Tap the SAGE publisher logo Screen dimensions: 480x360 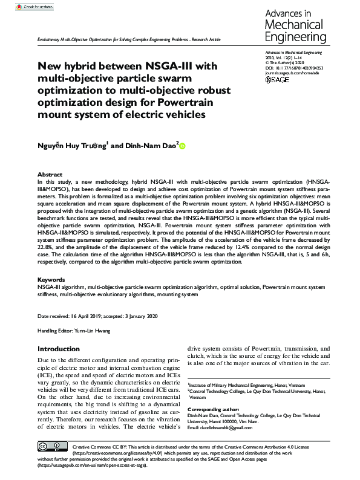(277, 79)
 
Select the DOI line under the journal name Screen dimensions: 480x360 (296, 69)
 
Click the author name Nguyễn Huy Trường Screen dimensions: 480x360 (75, 145)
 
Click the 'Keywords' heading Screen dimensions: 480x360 (51, 279)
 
